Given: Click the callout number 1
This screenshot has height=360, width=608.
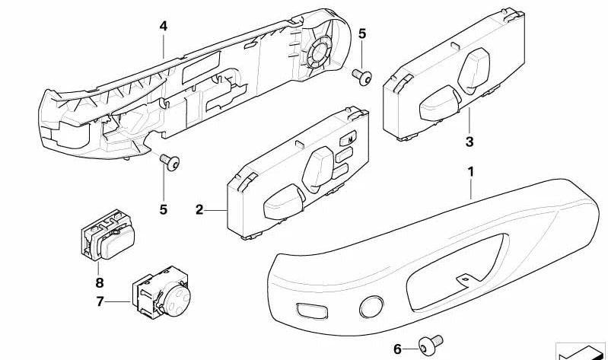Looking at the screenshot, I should click(471, 174).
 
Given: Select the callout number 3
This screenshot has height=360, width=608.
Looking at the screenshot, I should click(469, 142).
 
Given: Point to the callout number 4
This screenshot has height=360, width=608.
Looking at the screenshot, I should click(163, 26).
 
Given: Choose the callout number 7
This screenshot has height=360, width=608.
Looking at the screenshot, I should click(99, 303).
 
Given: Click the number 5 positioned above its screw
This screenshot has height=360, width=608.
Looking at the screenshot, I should click(361, 34).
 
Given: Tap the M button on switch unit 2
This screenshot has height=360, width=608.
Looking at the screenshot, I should click(349, 140).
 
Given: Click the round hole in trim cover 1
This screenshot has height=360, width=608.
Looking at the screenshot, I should click(370, 305).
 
